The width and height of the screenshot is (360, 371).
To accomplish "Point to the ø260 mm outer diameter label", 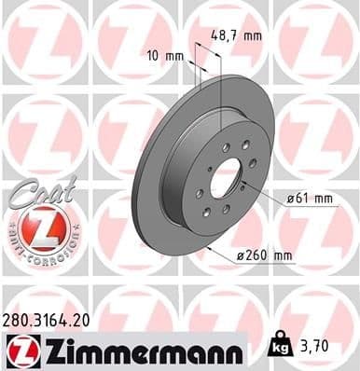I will (x=267, y=255).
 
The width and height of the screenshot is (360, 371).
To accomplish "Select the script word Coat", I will (x=35, y=189).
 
